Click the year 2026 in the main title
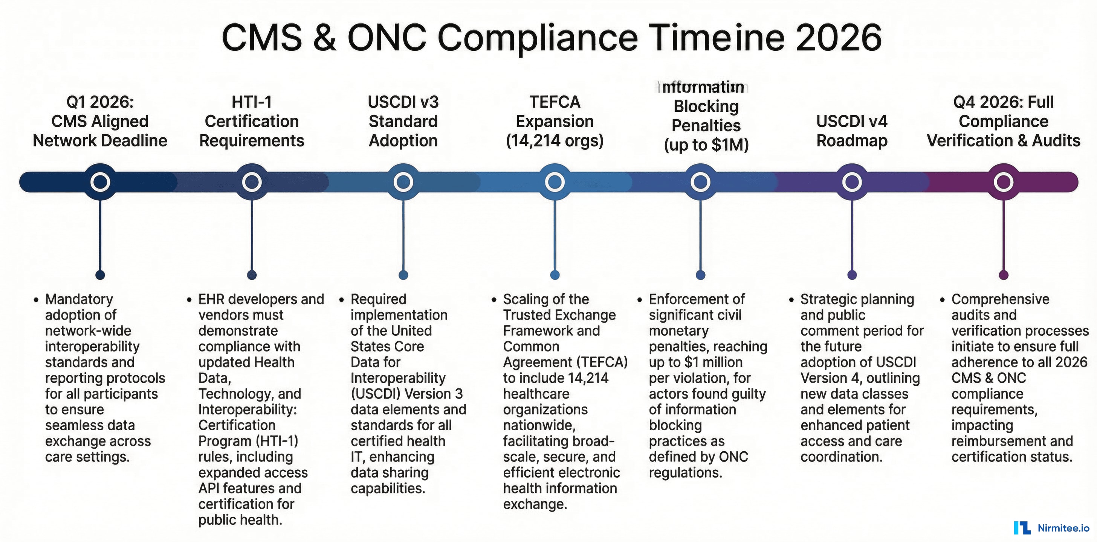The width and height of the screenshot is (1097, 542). (838, 38)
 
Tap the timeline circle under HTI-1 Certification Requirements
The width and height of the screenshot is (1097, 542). (252, 182)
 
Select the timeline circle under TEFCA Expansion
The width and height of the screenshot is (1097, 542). (555, 182)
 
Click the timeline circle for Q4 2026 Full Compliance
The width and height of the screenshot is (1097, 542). (1003, 182)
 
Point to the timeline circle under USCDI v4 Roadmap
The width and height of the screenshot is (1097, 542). (852, 182)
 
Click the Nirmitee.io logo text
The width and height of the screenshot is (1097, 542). (1063, 528)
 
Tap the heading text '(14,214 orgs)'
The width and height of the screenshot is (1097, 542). (555, 140)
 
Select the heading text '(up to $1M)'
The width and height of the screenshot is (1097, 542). (706, 145)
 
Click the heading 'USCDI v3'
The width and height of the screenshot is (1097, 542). (403, 102)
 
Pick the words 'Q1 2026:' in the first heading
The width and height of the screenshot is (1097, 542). (100, 102)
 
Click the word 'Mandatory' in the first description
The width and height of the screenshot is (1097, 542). (79, 299)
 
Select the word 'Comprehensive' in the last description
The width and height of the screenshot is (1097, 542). (1000, 299)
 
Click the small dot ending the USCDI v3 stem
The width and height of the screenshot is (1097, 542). (403, 275)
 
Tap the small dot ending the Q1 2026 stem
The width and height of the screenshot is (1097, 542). (100, 275)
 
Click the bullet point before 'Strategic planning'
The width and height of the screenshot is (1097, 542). (791, 300)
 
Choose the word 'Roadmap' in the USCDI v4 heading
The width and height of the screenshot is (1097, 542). (852, 140)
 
